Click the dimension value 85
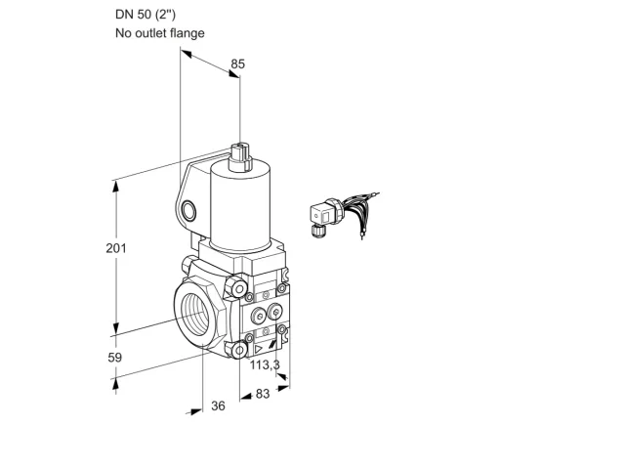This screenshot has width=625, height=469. pyautogui.click(x=238, y=64)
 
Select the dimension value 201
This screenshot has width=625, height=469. pyautogui.click(x=116, y=248)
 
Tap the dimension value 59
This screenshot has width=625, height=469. pyautogui.click(x=115, y=358)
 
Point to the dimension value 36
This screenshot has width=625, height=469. pyautogui.click(x=218, y=405)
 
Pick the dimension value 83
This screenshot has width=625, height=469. pyautogui.click(x=263, y=394)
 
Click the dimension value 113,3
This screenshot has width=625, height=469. pyautogui.click(x=265, y=364)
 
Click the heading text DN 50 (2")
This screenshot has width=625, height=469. pyautogui.click(x=146, y=15)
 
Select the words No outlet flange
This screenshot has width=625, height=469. pyautogui.click(x=160, y=32)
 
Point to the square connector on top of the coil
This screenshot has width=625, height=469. pyautogui.click(x=240, y=156)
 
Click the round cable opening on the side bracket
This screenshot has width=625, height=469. pyautogui.click(x=188, y=211)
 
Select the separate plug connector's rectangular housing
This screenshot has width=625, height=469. pyautogui.click(x=322, y=215)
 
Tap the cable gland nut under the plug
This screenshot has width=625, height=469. pyautogui.click(x=317, y=231)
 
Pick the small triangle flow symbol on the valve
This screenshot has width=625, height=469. pyautogui.click(x=258, y=349)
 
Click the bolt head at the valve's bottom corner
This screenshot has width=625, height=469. pyautogui.click(x=239, y=351)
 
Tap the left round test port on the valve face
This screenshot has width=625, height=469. pyautogui.click(x=258, y=317)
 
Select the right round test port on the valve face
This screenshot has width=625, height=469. pyautogui.click(x=273, y=312)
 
